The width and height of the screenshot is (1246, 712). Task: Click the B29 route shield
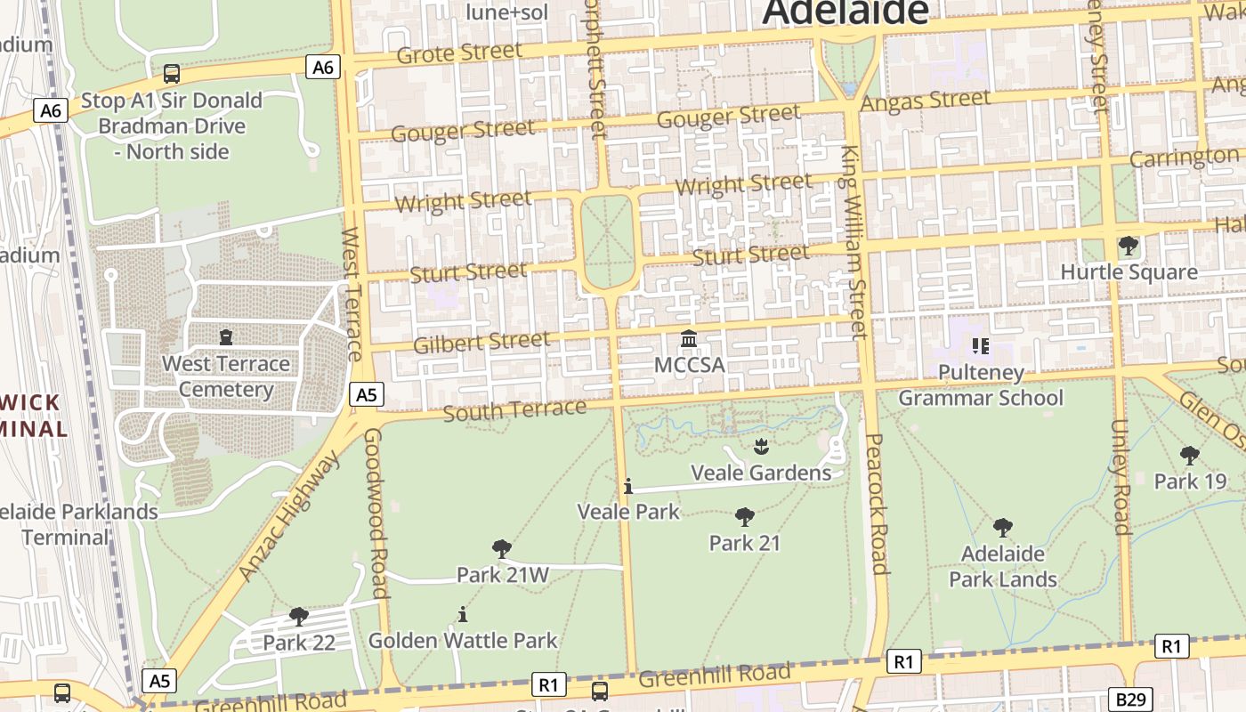coord(1131,699)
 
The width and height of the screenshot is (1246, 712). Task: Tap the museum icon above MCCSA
coord(689,339)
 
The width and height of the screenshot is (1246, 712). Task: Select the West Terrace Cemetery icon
coord(226,336)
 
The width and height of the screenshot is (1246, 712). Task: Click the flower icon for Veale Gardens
coord(760,445)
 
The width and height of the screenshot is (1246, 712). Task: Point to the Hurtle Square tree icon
coord(1128,245)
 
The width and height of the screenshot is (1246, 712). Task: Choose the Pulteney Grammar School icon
coord(980,345)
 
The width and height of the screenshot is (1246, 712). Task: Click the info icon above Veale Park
coord(628,486)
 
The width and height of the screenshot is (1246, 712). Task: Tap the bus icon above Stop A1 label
coord(172,73)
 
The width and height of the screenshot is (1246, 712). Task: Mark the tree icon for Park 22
coord(298,616)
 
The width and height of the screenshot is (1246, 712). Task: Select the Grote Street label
coord(459,53)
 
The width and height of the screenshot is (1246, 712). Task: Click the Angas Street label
coord(926,101)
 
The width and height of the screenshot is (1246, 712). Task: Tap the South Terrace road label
coord(514,410)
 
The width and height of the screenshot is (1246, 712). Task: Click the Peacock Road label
coord(877,504)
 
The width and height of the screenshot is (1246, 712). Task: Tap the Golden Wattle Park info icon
coord(462,614)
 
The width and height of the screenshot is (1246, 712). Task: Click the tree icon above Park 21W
coord(502,549)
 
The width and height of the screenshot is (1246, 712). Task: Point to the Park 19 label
coord(1190,481)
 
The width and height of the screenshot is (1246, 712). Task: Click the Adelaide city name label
coord(845,12)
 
